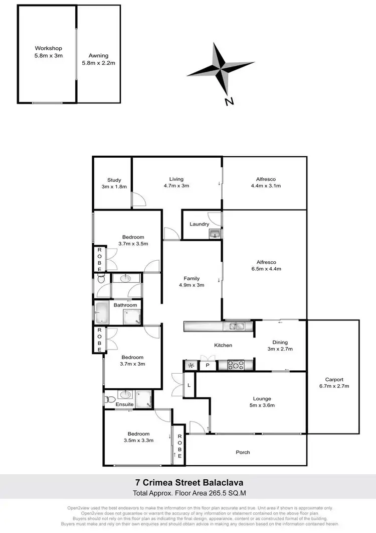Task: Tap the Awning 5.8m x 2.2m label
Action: coord(99,59)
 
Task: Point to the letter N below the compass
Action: coord(229,101)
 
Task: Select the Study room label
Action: coord(114,183)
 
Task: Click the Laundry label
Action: coord(199,224)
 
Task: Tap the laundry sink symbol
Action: coord(215,233)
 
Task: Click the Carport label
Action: coord(333,383)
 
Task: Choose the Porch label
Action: coord(243,452)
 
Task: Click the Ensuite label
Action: coord(124,404)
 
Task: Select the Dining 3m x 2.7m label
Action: coord(279,346)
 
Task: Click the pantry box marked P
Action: coord(207,365)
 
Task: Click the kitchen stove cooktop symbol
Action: coord(235,365)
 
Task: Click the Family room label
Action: coord(192,282)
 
